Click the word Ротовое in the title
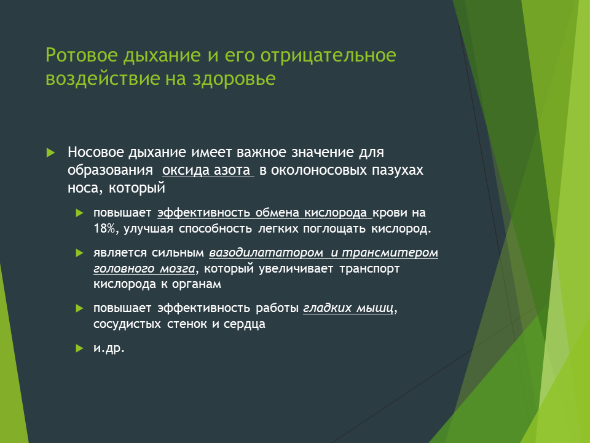point(81,56)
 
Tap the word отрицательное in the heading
point(328,56)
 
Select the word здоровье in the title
point(234,79)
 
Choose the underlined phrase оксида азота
point(206,170)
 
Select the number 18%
point(104,229)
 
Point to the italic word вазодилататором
point(266,252)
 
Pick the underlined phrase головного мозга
point(144,269)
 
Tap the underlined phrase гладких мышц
point(348,308)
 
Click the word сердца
point(245,324)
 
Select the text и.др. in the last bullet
point(109,348)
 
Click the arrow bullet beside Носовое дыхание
point(50,153)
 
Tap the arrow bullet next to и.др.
point(79,348)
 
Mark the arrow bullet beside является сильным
point(79,253)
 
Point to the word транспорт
point(369,269)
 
